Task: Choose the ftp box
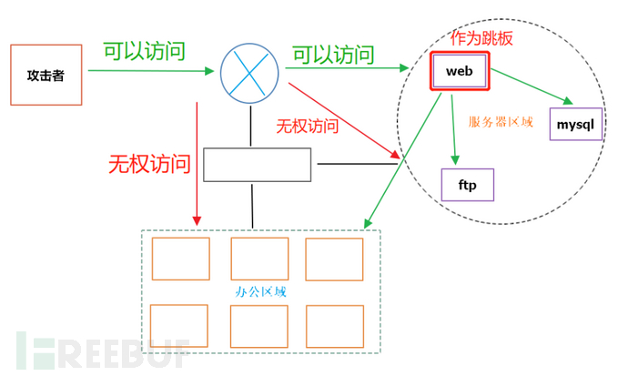pyautogui.click(x=466, y=184)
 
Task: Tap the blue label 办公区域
pyautogui.click(x=260, y=291)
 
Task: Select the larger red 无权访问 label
pyautogui.click(x=149, y=165)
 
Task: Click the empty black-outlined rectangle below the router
pyautogui.click(x=257, y=164)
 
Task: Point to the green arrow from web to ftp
pyautogui.click(x=453, y=127)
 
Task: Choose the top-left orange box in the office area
pyautogui.click(x=180, y=259)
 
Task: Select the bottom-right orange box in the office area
pyautogui.click(x=334, y=325)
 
